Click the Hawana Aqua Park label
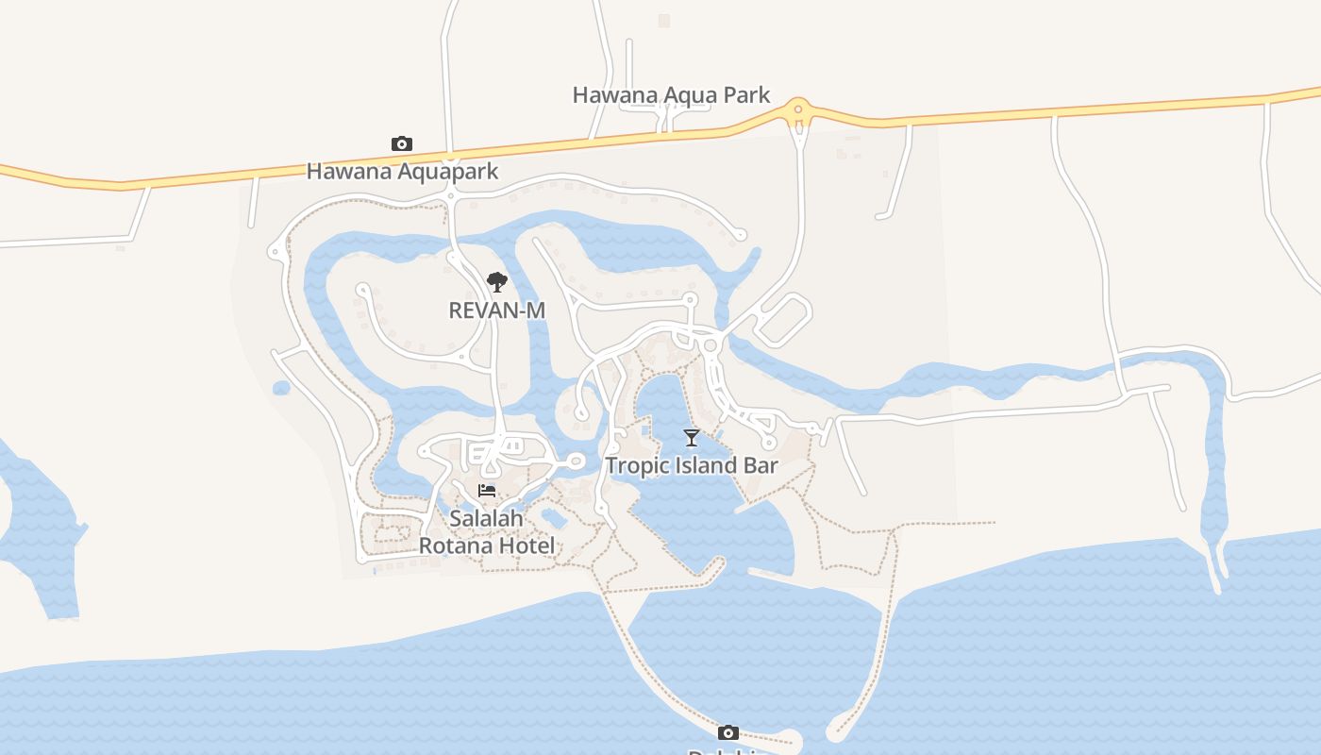(671, 95)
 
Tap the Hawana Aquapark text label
(402, 172)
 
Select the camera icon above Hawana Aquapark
(402, 144)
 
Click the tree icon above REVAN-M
(496, 281)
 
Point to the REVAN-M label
(496, 310)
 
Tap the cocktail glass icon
(692, 438)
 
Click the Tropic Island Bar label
(692, 466)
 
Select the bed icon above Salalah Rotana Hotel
(487, 491)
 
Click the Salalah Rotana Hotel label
(487, 532)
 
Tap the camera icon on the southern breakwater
(727, 732)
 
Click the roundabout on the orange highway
(798, 109)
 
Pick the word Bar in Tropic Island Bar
(761, 466)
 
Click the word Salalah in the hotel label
(486, 519)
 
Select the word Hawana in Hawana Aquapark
(347, 172)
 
